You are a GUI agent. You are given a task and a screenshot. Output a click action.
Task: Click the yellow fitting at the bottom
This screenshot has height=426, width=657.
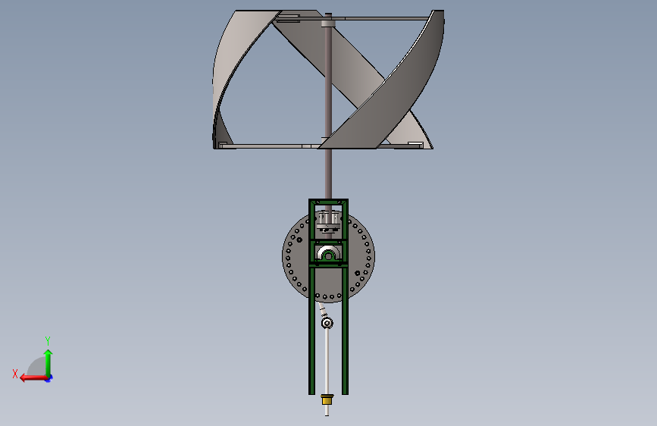point(327,399)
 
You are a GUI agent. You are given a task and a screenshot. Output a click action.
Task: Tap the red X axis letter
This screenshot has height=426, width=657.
point(15,374)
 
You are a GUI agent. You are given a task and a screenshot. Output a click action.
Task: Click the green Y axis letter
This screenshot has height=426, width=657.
point(48,340)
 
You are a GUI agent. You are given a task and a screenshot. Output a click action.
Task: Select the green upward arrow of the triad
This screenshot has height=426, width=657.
point(48,363)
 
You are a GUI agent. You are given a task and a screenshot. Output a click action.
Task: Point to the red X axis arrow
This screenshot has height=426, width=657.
point(34,377)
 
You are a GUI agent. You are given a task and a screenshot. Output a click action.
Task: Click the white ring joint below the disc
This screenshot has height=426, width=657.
point(327,323)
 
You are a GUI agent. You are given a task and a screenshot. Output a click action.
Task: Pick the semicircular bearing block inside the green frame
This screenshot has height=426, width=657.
point(328,254)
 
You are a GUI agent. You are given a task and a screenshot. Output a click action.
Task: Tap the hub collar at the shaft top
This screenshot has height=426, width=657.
point(328,20)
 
